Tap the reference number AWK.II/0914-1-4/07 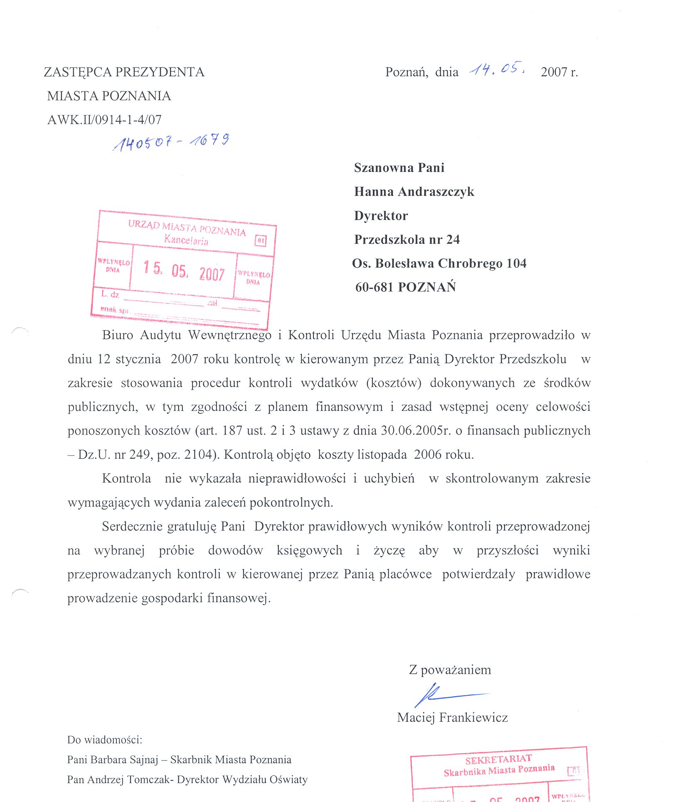coord(104,120)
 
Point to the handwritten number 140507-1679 coord(171,142)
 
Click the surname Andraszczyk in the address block coord(436,191)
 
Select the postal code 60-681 coord(374,287)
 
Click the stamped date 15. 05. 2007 coord(184,271)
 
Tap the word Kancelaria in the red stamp coord(186,240)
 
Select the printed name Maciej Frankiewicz coord(452,717)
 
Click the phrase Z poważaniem coord(450,670)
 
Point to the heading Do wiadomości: coord(105,740)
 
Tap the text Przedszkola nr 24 coord(407,239)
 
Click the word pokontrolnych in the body coord(291,503)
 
